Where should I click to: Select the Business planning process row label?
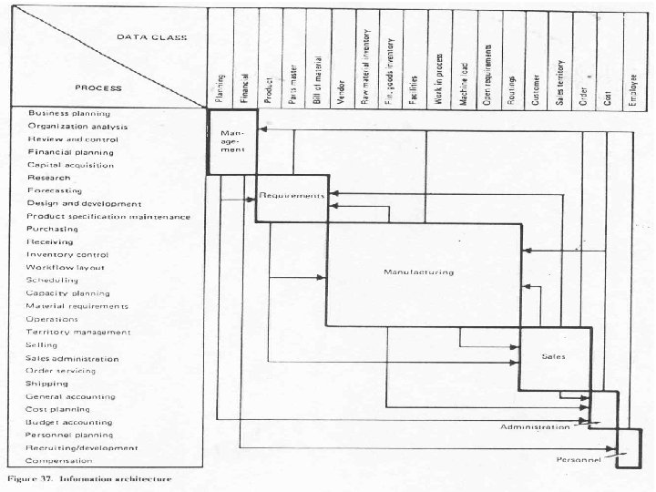[x=69, y=113]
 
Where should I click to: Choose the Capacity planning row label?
[x=67, y=293]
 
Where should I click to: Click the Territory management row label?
[x=78, y=333]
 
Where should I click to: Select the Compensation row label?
[x=61, y=461]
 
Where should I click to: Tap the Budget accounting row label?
[x=69, y=423]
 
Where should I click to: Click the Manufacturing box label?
[x=418, y=272]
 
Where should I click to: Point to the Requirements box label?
[x=292, y=195]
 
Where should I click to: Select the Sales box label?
[x=553, y=356]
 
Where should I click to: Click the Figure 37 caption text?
[x=87, y=477]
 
